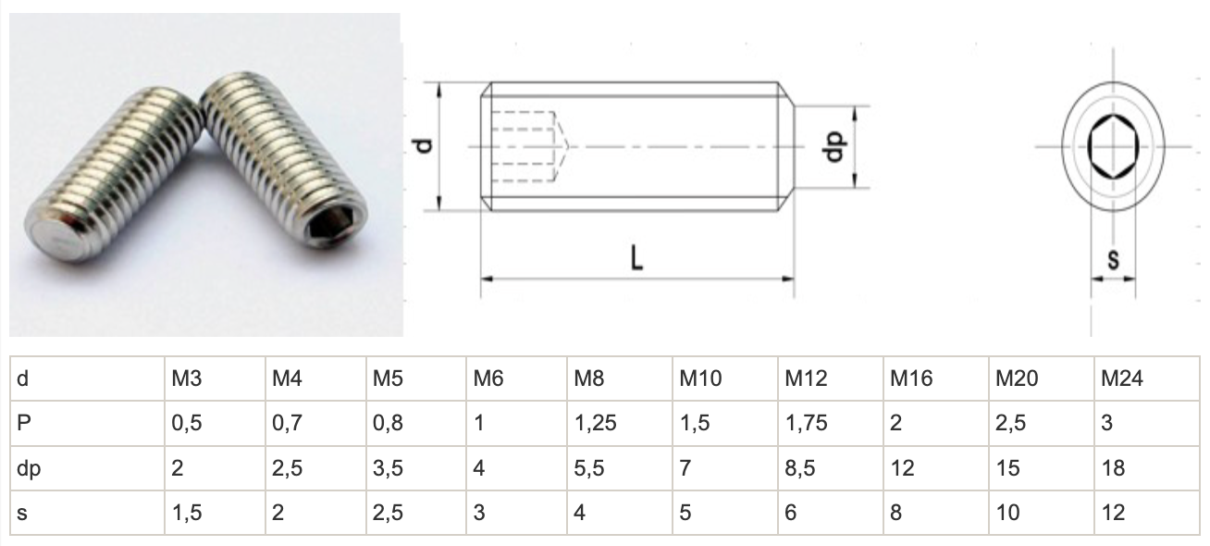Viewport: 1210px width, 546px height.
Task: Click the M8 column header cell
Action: pyautogui.click(x=619, y=378)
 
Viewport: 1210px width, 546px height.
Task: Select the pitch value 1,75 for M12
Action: pyautogui.click(x=806, y=423)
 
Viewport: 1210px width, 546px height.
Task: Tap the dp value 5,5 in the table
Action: pyautogui.click(x=588, y=468)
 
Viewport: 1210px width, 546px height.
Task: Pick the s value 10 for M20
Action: pyautogui.click(x=1007, y=513)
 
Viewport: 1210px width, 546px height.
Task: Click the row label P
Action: pyautogui.click(x=24, y=423)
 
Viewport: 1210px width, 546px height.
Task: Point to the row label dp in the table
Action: pyautogui.click(x=29, y=468)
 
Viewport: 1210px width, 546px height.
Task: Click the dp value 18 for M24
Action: pyautogui.click(x=1113, y=468)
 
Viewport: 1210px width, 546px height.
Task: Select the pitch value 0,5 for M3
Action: pyautogui.click(x=186, y=423)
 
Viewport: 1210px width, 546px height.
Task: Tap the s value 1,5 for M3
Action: pyautogui.click(x=186, y=513)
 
